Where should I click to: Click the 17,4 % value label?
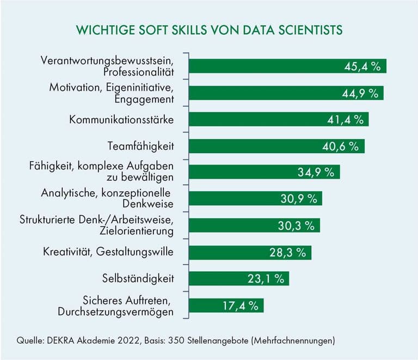[x=241, y=305]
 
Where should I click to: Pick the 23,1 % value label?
[x=267, y=278]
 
